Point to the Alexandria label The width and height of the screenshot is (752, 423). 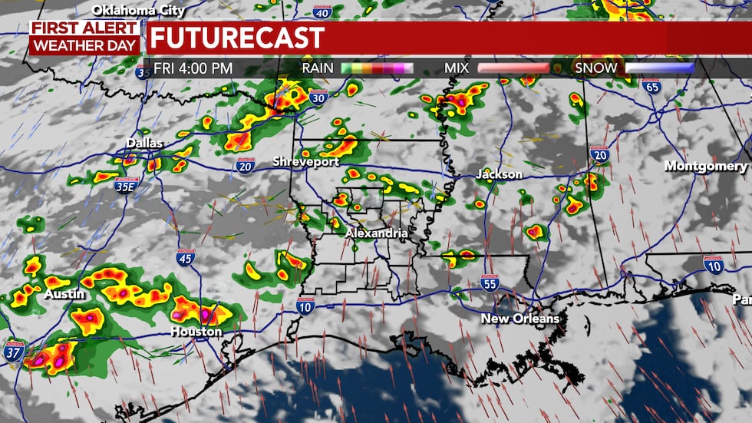(376, 232)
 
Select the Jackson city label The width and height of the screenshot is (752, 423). (499, 174)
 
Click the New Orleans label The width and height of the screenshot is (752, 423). (520, 318)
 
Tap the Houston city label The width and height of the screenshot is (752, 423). (197, 332)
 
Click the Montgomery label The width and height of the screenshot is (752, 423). (705, 166)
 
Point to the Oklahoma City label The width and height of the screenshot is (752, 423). (138, 10)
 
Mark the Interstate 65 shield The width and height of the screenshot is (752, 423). (651, 86)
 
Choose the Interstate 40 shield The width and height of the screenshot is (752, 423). (323, 11)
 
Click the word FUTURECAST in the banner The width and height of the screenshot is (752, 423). (236, 38)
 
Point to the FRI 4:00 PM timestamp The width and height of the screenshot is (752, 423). (193, 68)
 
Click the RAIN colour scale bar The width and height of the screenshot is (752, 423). (377, 68)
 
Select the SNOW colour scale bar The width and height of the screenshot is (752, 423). (659, 68)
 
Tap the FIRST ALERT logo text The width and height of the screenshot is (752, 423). (84, 28)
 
